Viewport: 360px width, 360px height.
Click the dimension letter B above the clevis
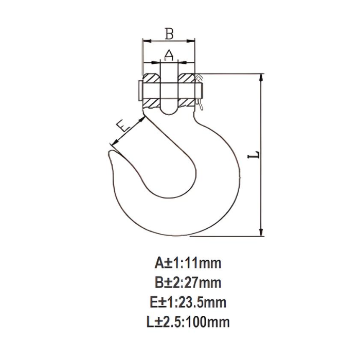[169, 33]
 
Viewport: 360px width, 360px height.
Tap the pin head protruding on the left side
[139, 91]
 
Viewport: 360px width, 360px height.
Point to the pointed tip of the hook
[110, 153]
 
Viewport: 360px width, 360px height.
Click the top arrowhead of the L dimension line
[262, 77]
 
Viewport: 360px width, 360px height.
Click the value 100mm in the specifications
[208, 322]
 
